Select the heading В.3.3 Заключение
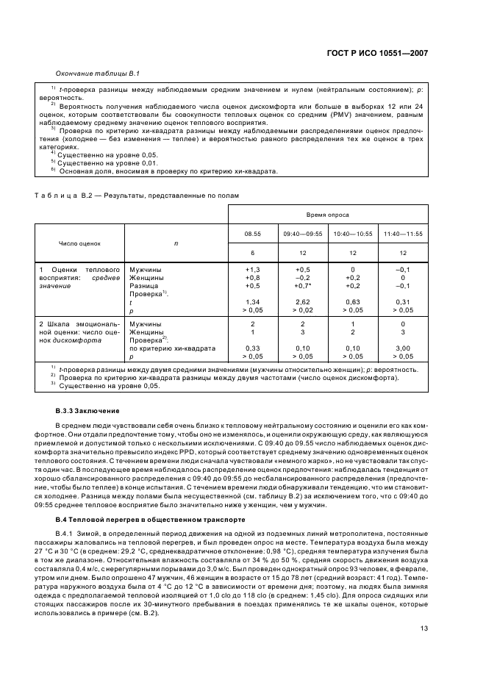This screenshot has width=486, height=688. tap(89, 410)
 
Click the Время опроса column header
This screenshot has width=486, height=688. tap(327, 215)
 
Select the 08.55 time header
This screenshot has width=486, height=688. tap(253, 234)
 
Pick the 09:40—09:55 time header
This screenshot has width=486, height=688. tap(302, 234)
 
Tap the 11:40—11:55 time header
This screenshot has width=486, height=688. tap(402, 234)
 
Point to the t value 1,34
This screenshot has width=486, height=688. tap(253, 302)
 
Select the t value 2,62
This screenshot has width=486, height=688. tap(302, 302)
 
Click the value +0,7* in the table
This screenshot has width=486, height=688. tap(303, 285)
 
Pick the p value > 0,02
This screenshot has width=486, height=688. tap(302, 310)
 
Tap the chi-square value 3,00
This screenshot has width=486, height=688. tap(402, 348)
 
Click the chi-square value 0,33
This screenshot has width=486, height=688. tap(253, 348)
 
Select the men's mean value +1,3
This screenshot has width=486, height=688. tap(253, 269)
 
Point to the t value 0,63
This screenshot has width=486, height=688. tap(352, 302)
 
